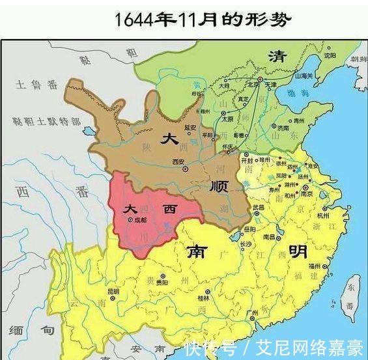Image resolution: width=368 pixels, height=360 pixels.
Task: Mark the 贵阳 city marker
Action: (x=163, y=282)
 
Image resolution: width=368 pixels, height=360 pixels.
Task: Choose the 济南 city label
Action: (x=284, y=128)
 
